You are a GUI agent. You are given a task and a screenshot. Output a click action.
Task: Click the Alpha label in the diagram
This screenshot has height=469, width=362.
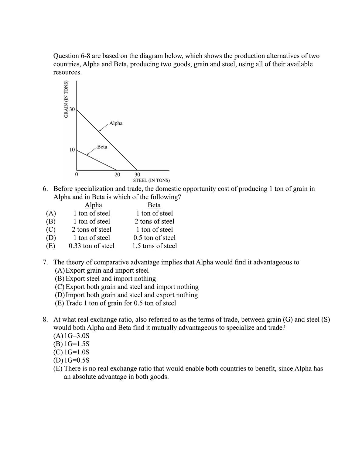coord(116,123)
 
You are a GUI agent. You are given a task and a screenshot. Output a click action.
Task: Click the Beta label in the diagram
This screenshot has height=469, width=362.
coord(102,147)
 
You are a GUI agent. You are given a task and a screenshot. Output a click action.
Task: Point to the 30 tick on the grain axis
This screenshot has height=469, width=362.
coord(72,109)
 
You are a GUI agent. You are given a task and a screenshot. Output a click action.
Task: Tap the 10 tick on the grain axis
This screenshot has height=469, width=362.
coord(72,150)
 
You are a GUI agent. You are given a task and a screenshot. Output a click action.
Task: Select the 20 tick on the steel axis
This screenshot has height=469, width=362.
coord(117,175)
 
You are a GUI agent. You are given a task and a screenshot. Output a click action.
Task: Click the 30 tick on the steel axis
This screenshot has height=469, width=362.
coord(137,175)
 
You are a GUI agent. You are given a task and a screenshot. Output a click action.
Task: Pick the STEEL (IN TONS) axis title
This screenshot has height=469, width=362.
coord(152,181)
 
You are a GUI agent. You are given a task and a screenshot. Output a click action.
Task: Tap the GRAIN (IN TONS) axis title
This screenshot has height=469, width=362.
coord(66,99)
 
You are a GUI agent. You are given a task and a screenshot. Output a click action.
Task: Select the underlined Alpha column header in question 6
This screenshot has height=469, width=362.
coord(93,205)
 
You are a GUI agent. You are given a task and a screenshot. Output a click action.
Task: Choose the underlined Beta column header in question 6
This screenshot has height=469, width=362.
coord(154,205)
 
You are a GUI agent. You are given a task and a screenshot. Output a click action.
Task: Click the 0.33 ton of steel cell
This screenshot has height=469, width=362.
coord(92,246)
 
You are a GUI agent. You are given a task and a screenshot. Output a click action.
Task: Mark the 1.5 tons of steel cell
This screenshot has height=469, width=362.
coord(154,246)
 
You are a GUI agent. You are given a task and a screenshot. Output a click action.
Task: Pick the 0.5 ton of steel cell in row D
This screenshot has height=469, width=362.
coord(154,238)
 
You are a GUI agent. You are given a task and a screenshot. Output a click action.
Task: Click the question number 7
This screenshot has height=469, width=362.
coord(45,262)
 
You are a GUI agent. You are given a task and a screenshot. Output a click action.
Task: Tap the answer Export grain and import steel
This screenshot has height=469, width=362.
coord(107,271)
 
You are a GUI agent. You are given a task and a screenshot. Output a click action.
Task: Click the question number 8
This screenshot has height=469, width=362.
coord(45,319)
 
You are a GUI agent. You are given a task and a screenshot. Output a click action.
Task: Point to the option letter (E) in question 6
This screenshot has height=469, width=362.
coord(50,246)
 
